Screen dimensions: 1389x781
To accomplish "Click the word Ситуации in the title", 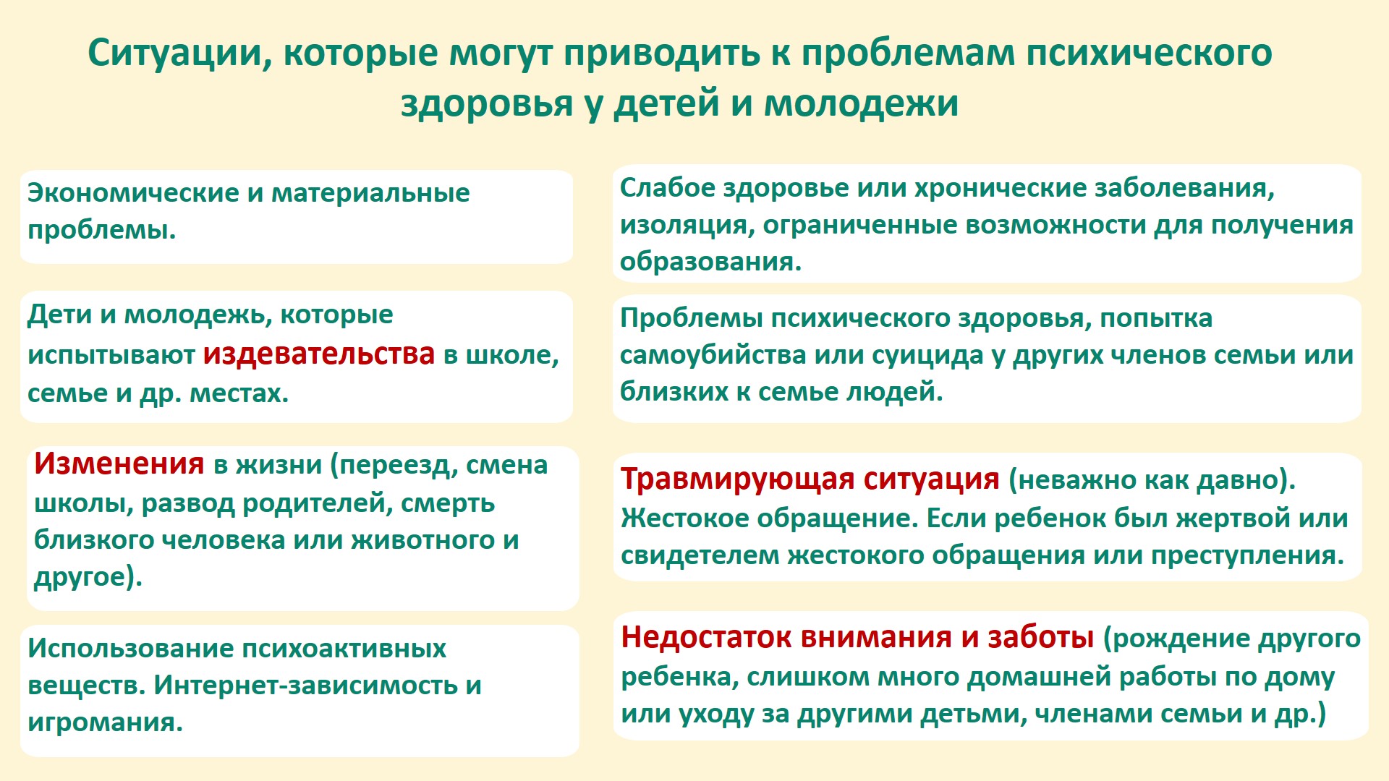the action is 180,54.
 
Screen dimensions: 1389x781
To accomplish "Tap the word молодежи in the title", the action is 861,103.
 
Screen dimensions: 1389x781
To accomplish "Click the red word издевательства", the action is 319,354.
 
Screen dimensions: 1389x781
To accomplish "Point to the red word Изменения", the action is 119,464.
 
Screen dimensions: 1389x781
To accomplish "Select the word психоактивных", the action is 344,649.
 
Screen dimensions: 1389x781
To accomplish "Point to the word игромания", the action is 105,722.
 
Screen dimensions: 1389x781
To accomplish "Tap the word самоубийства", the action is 713,355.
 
